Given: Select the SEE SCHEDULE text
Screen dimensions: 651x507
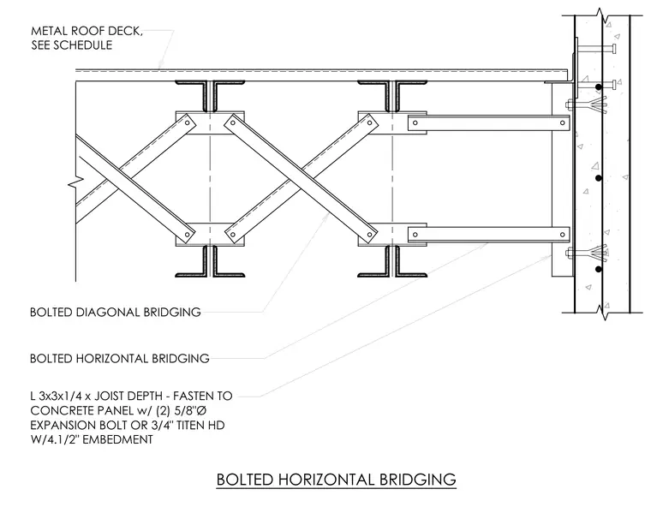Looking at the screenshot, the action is coord(72,45).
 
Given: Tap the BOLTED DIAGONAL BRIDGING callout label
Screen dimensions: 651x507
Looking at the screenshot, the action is coord(116,313).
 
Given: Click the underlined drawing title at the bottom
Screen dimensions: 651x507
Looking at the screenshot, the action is coord(337,480).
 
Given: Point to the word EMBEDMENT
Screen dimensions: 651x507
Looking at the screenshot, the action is coord(118,439).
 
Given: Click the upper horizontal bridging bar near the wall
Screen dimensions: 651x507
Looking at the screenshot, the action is coord(488,123).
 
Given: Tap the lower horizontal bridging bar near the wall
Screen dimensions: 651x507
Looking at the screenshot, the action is coord(488,235).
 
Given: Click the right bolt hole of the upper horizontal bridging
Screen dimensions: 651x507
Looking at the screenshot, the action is coord(563,123).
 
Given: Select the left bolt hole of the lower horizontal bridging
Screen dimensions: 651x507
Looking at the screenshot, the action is coord(415,235).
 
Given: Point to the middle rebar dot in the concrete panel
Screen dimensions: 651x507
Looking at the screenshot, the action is coord(598,178).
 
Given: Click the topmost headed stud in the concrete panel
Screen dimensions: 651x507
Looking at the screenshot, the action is coord(596,49).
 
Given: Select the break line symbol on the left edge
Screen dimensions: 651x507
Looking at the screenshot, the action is coord(77,181).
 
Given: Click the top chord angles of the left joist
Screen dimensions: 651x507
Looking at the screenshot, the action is coord(210,96).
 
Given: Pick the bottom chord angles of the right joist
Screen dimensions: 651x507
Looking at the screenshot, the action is coord(392,261).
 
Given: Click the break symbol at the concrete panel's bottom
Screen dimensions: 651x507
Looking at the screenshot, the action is coord(602,312).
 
